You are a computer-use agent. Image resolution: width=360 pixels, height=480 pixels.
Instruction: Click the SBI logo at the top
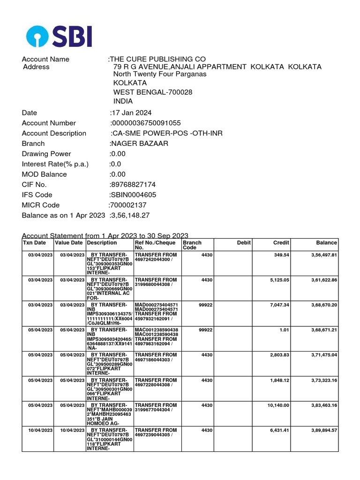(x=59, y=36)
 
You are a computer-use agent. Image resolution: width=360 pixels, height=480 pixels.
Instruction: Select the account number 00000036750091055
(x=146, y=123)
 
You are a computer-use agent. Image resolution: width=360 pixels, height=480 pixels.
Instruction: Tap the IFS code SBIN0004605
(x=133, y=195)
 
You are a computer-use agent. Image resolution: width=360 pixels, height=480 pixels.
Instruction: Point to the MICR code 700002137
(x=127, y=205)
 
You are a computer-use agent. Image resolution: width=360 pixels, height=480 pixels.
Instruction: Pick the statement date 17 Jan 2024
(x=131, y=112)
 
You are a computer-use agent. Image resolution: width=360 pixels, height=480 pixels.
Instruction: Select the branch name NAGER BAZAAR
(x=139, y=143)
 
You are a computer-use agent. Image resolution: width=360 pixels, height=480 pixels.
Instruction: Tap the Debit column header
(x=244, y=243)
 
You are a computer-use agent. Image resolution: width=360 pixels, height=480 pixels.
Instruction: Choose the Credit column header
(x=281, y=243)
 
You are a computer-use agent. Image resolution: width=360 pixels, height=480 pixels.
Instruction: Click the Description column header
(x=102, y=243)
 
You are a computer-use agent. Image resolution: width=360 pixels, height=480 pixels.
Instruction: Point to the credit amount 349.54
(x=281, y=255)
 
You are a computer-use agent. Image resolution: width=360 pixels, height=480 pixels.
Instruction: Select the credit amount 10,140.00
(x=278, y=405)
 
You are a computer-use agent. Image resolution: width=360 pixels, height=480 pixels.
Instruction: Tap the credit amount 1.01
(x=285, y=330)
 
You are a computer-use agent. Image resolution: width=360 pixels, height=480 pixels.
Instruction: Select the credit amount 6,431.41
(x=280, y=430)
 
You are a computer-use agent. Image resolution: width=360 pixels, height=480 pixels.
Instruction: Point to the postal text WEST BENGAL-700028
(x=153, y=92)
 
